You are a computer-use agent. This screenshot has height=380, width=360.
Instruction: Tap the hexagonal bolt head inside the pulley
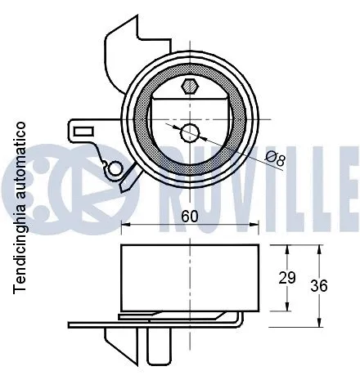click(x=190, y=87)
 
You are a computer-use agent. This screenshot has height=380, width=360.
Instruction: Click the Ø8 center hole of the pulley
click(x=190, y=132)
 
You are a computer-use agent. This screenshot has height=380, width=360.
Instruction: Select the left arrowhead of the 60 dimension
click(x=125, y=228)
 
